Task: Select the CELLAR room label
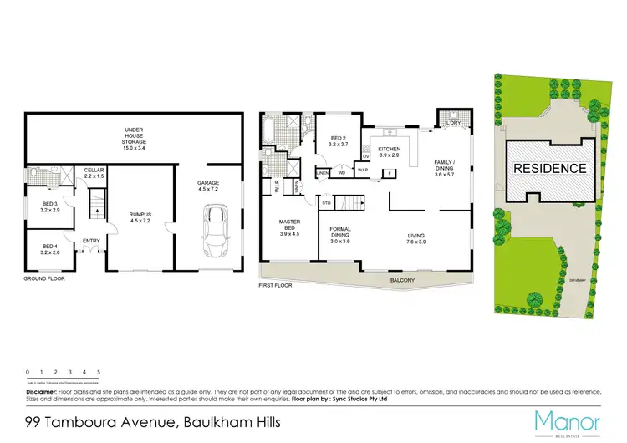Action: coord(94,174)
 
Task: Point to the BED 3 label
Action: coord(49,208)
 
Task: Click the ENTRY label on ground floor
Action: coord(90,242)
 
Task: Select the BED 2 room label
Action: coord(338,141)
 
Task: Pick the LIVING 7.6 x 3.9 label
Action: coord(416,240)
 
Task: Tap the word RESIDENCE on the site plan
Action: coord(549,168)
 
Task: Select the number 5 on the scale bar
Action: coord(99,371)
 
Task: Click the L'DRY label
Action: coord(454,125)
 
